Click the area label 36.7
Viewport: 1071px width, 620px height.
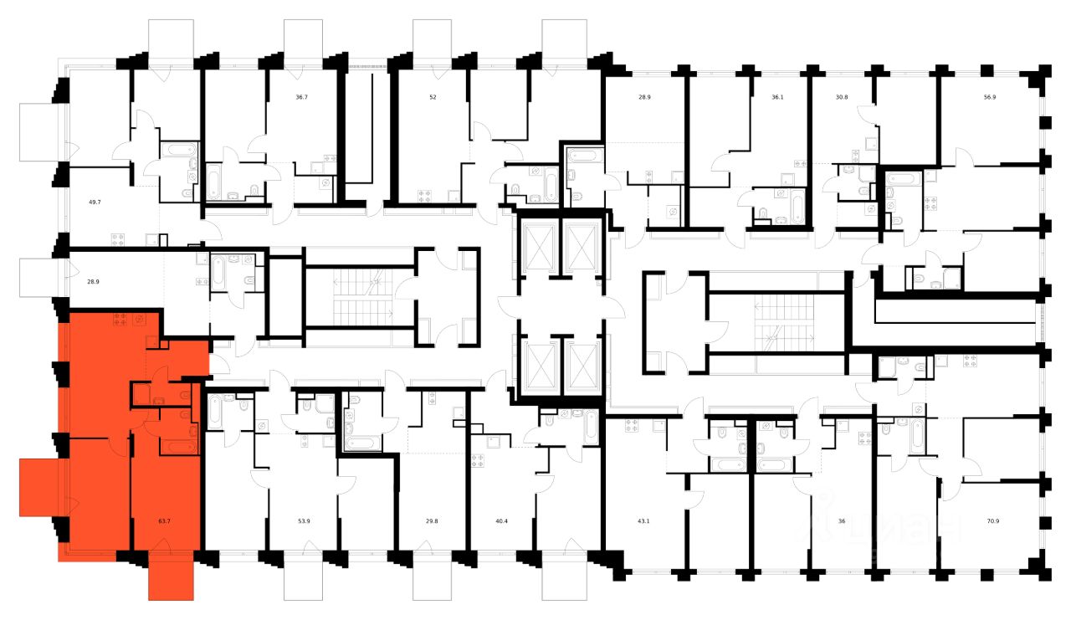(301, 97)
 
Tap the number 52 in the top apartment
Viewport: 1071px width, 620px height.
(433, 97)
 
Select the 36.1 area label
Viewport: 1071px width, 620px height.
(777, 97)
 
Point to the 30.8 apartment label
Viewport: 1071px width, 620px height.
(842, 97)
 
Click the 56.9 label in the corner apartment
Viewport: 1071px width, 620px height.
(990, 97)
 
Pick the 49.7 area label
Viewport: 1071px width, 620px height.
(95, 202)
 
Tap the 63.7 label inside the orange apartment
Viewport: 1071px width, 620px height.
(164, 520)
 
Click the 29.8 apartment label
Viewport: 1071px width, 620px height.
(433, 520)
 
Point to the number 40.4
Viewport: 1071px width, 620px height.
(502, 520)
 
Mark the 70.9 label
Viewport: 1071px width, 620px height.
(993, 520)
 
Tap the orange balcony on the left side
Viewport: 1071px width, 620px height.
(38, 486)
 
